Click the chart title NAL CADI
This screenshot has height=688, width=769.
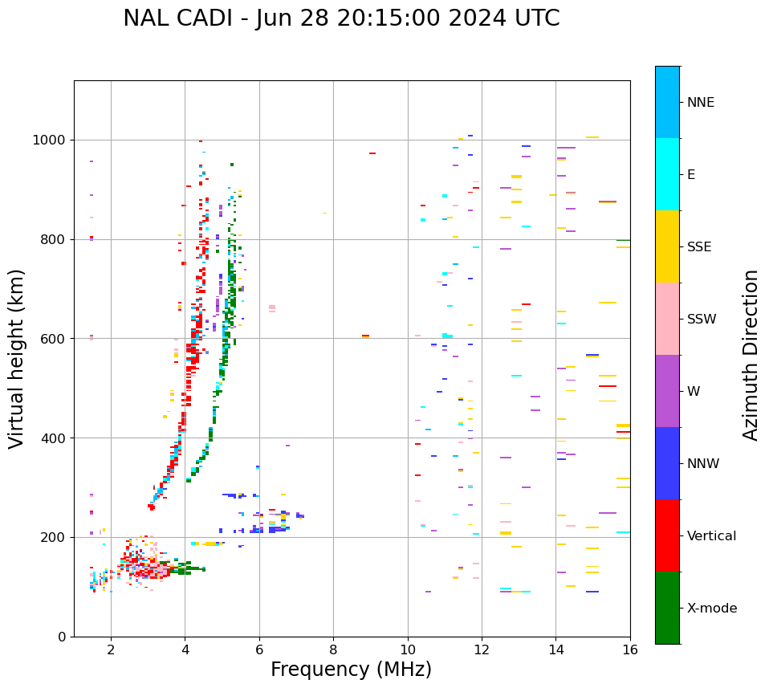point(341,18)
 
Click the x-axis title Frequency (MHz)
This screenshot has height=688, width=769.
point(351,670)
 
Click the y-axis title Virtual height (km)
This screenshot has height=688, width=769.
point(17,358)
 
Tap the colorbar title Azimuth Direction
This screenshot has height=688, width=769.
point(751,355)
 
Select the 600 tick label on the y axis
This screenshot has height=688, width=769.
point(56,339)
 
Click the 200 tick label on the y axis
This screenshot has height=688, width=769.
point(56,537)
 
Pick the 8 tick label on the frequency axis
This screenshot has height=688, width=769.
point(333,649)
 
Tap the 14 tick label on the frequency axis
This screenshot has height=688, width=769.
point(555,649)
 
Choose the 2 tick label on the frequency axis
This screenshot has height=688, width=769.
point(111,649)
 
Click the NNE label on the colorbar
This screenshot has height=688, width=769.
point(700,103)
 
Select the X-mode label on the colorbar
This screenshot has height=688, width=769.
point(711,609)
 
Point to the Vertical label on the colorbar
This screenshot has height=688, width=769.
point(711,536)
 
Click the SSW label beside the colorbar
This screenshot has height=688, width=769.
point(702,320)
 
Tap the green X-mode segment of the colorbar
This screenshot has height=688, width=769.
point(667,608)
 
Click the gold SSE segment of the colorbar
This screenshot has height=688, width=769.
point(667,246)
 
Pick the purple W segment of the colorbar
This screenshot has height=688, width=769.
point(667,391)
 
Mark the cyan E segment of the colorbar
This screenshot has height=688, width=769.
point(667,174)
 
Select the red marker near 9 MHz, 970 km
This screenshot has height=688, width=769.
point(372,153)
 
